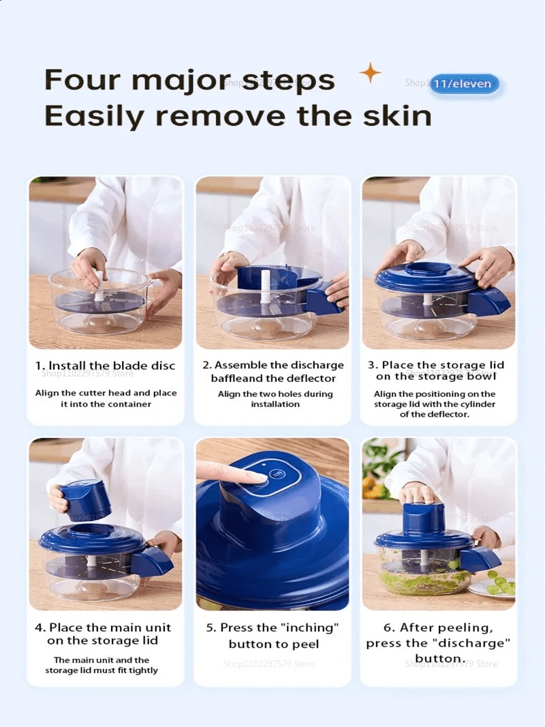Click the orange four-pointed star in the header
click(x=370, y=72)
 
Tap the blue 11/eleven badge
click(x=465, y=85)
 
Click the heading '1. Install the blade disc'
click(x=105, y=366)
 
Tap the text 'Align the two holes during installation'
click(x=275, y=399)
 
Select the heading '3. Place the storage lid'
click(x=443, y=366)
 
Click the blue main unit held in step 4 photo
click(x=85, y=501)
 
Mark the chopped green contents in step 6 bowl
click(x=422, y=582)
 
